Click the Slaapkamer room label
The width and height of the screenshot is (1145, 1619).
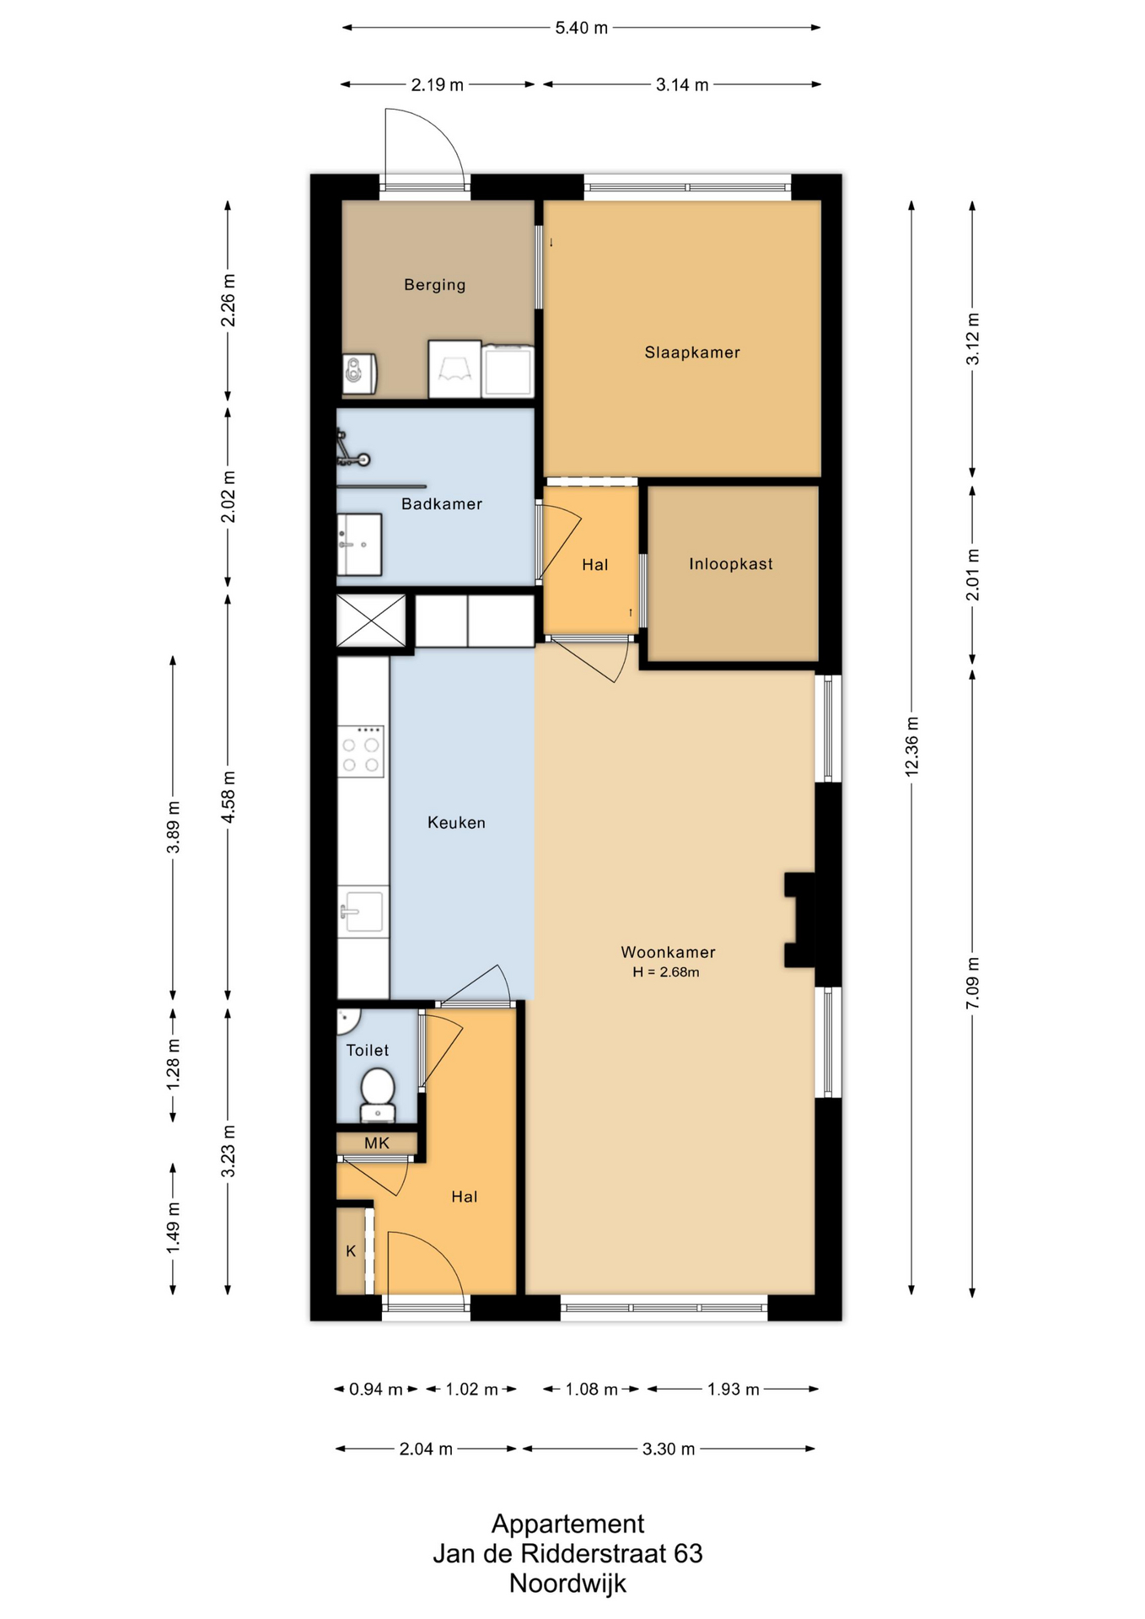coord(692,352)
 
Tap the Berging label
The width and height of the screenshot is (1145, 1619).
coord(434,285)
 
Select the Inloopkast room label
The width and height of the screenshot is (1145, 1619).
coord(730,564)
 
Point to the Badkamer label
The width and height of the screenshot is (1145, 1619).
coord(442,504)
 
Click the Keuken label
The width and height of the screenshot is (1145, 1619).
coord(456,822)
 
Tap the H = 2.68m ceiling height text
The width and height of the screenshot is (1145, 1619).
coord(666,972)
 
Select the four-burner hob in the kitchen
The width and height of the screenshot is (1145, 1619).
coord(361,750)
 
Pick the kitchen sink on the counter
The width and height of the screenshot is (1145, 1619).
coord(363,912)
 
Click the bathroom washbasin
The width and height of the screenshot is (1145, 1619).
coord(359,544)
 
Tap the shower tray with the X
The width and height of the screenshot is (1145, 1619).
coord(371,621)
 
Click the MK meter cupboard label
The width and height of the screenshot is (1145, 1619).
coord(377,1143)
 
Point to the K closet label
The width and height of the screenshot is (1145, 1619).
coord(351,1251)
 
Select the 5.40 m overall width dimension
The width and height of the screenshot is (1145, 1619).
coord(581,28)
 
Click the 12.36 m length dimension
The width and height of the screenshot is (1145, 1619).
coord(911,746)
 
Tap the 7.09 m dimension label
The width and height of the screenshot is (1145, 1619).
coord(972,983)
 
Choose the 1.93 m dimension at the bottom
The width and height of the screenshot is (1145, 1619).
coord(733,1389)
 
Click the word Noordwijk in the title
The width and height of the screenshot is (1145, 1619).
coord(567,1583)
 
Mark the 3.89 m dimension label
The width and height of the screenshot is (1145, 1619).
coord(173,826)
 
